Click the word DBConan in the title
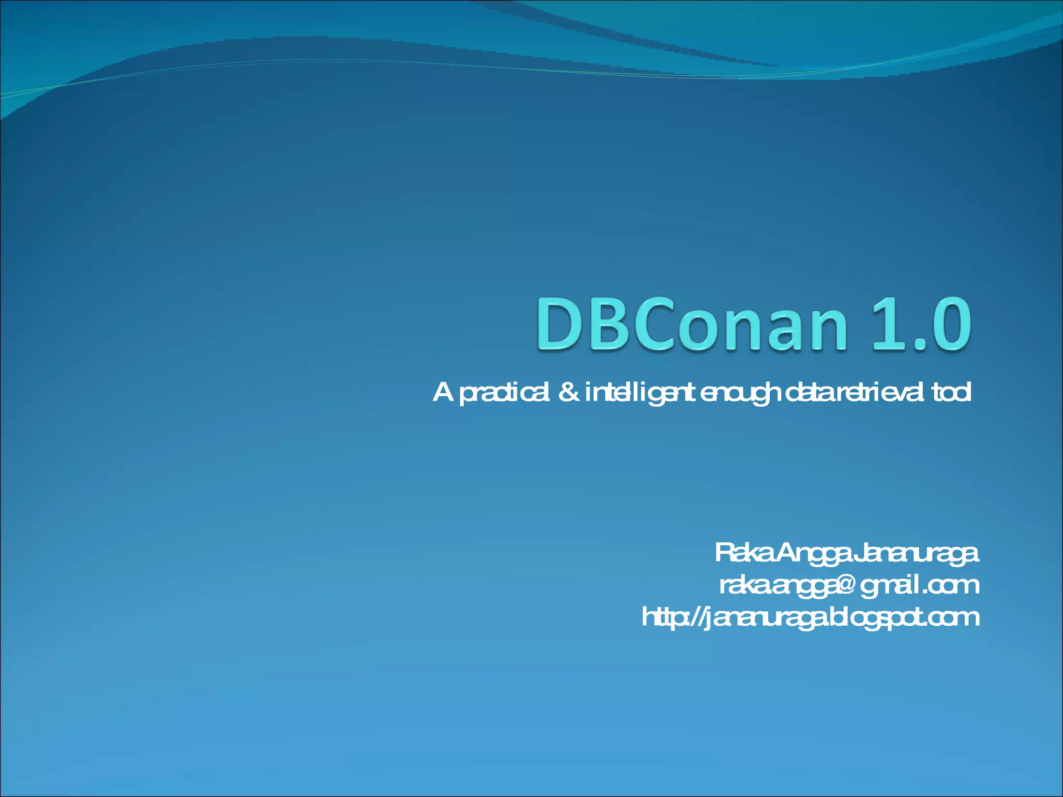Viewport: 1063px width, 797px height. coord(691,324)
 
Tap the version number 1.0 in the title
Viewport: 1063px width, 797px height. coord(924,324)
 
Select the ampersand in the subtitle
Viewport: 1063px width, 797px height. coord(569,392)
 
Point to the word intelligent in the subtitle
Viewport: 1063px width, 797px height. coord(639,393)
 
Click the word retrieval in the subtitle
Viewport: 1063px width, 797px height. coord(881,392)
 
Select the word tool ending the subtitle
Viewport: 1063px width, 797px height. coord(951,392)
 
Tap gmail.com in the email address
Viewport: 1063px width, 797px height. coord(919,585)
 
